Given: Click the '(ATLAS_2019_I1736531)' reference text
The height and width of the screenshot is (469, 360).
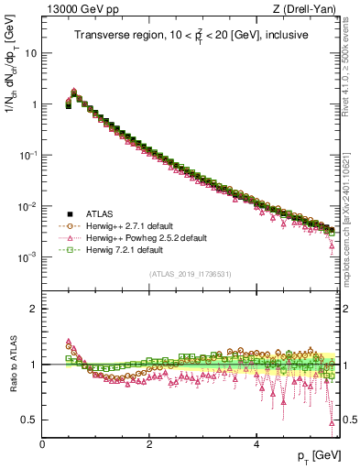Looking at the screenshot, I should (190, 273).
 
